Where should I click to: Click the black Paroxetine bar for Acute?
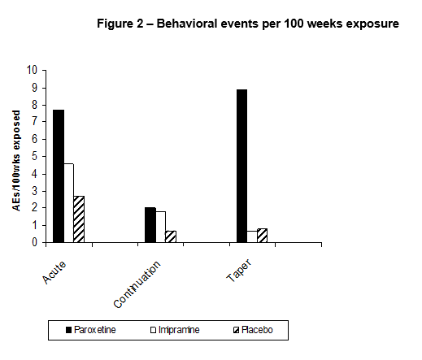coord(59,176)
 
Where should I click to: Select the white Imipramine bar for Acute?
coord(69,203)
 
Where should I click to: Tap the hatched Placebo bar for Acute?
coord(79,219)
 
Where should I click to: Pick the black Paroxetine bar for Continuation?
coord(150,225)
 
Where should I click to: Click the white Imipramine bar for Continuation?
coord(161,227)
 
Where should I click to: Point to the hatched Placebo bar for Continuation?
coord(171,236)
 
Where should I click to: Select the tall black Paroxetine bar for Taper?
coord(241,166)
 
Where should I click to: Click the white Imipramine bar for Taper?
coord(252,236)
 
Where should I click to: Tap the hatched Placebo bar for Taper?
coord(262,236)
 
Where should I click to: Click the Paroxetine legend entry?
coord(91,330)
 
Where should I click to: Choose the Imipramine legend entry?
coord(175,330)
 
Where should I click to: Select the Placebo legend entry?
coord(253,330)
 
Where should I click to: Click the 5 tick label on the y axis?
coord(34,156)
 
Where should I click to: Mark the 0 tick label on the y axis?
coord(34,242)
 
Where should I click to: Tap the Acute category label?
coord(54,272)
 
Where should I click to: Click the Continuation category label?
coord(137,284)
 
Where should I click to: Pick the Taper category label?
coord(239,271)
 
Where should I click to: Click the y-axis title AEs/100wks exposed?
coord(16,161)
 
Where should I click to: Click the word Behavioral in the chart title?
coord(187,24)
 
